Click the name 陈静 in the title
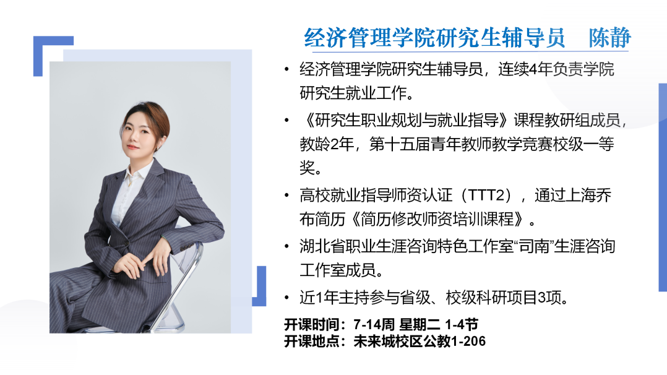tap(609, 38)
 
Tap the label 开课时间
tap(311, 325)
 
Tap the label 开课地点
tap(311, 342)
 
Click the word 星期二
tap(420, 325)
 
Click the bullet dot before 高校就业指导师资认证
tap(286, 196)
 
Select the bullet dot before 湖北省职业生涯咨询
tap(286, 247)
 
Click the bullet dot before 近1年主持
tap(286, 298)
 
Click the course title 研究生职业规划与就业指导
tap(407, 121)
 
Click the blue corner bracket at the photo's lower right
tap(260, 294)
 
